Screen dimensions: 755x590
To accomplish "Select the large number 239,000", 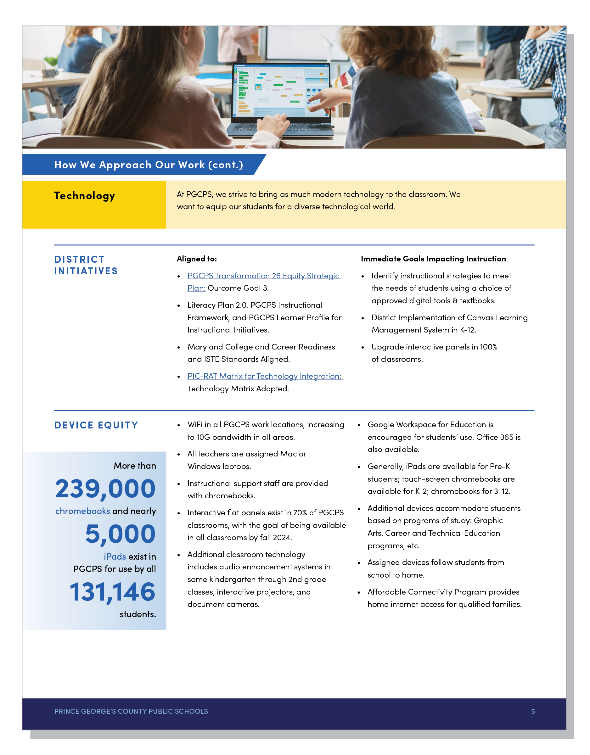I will point(105,489).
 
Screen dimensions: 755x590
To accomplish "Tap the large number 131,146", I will point(112,591).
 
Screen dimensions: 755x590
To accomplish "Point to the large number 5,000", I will point(120,534).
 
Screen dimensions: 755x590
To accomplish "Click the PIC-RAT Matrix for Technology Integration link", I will point(264,376).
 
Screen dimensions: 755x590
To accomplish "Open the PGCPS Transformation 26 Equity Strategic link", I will point(263,276).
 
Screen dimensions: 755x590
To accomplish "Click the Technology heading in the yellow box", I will point(84,196).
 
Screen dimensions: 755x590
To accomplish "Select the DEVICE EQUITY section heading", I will point(96,425).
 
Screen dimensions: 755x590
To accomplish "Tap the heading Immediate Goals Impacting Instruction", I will point(433,259).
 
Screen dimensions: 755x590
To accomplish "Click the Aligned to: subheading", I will point(196,259).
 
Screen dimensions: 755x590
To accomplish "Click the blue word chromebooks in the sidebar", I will point(83,511).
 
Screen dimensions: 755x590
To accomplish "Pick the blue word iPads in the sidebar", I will point(115,556).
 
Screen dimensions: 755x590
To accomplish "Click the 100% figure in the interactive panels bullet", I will point(488,347).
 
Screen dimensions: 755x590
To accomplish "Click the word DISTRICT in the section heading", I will point(79,260).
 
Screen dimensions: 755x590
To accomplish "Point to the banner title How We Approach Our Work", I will point(149,165).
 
